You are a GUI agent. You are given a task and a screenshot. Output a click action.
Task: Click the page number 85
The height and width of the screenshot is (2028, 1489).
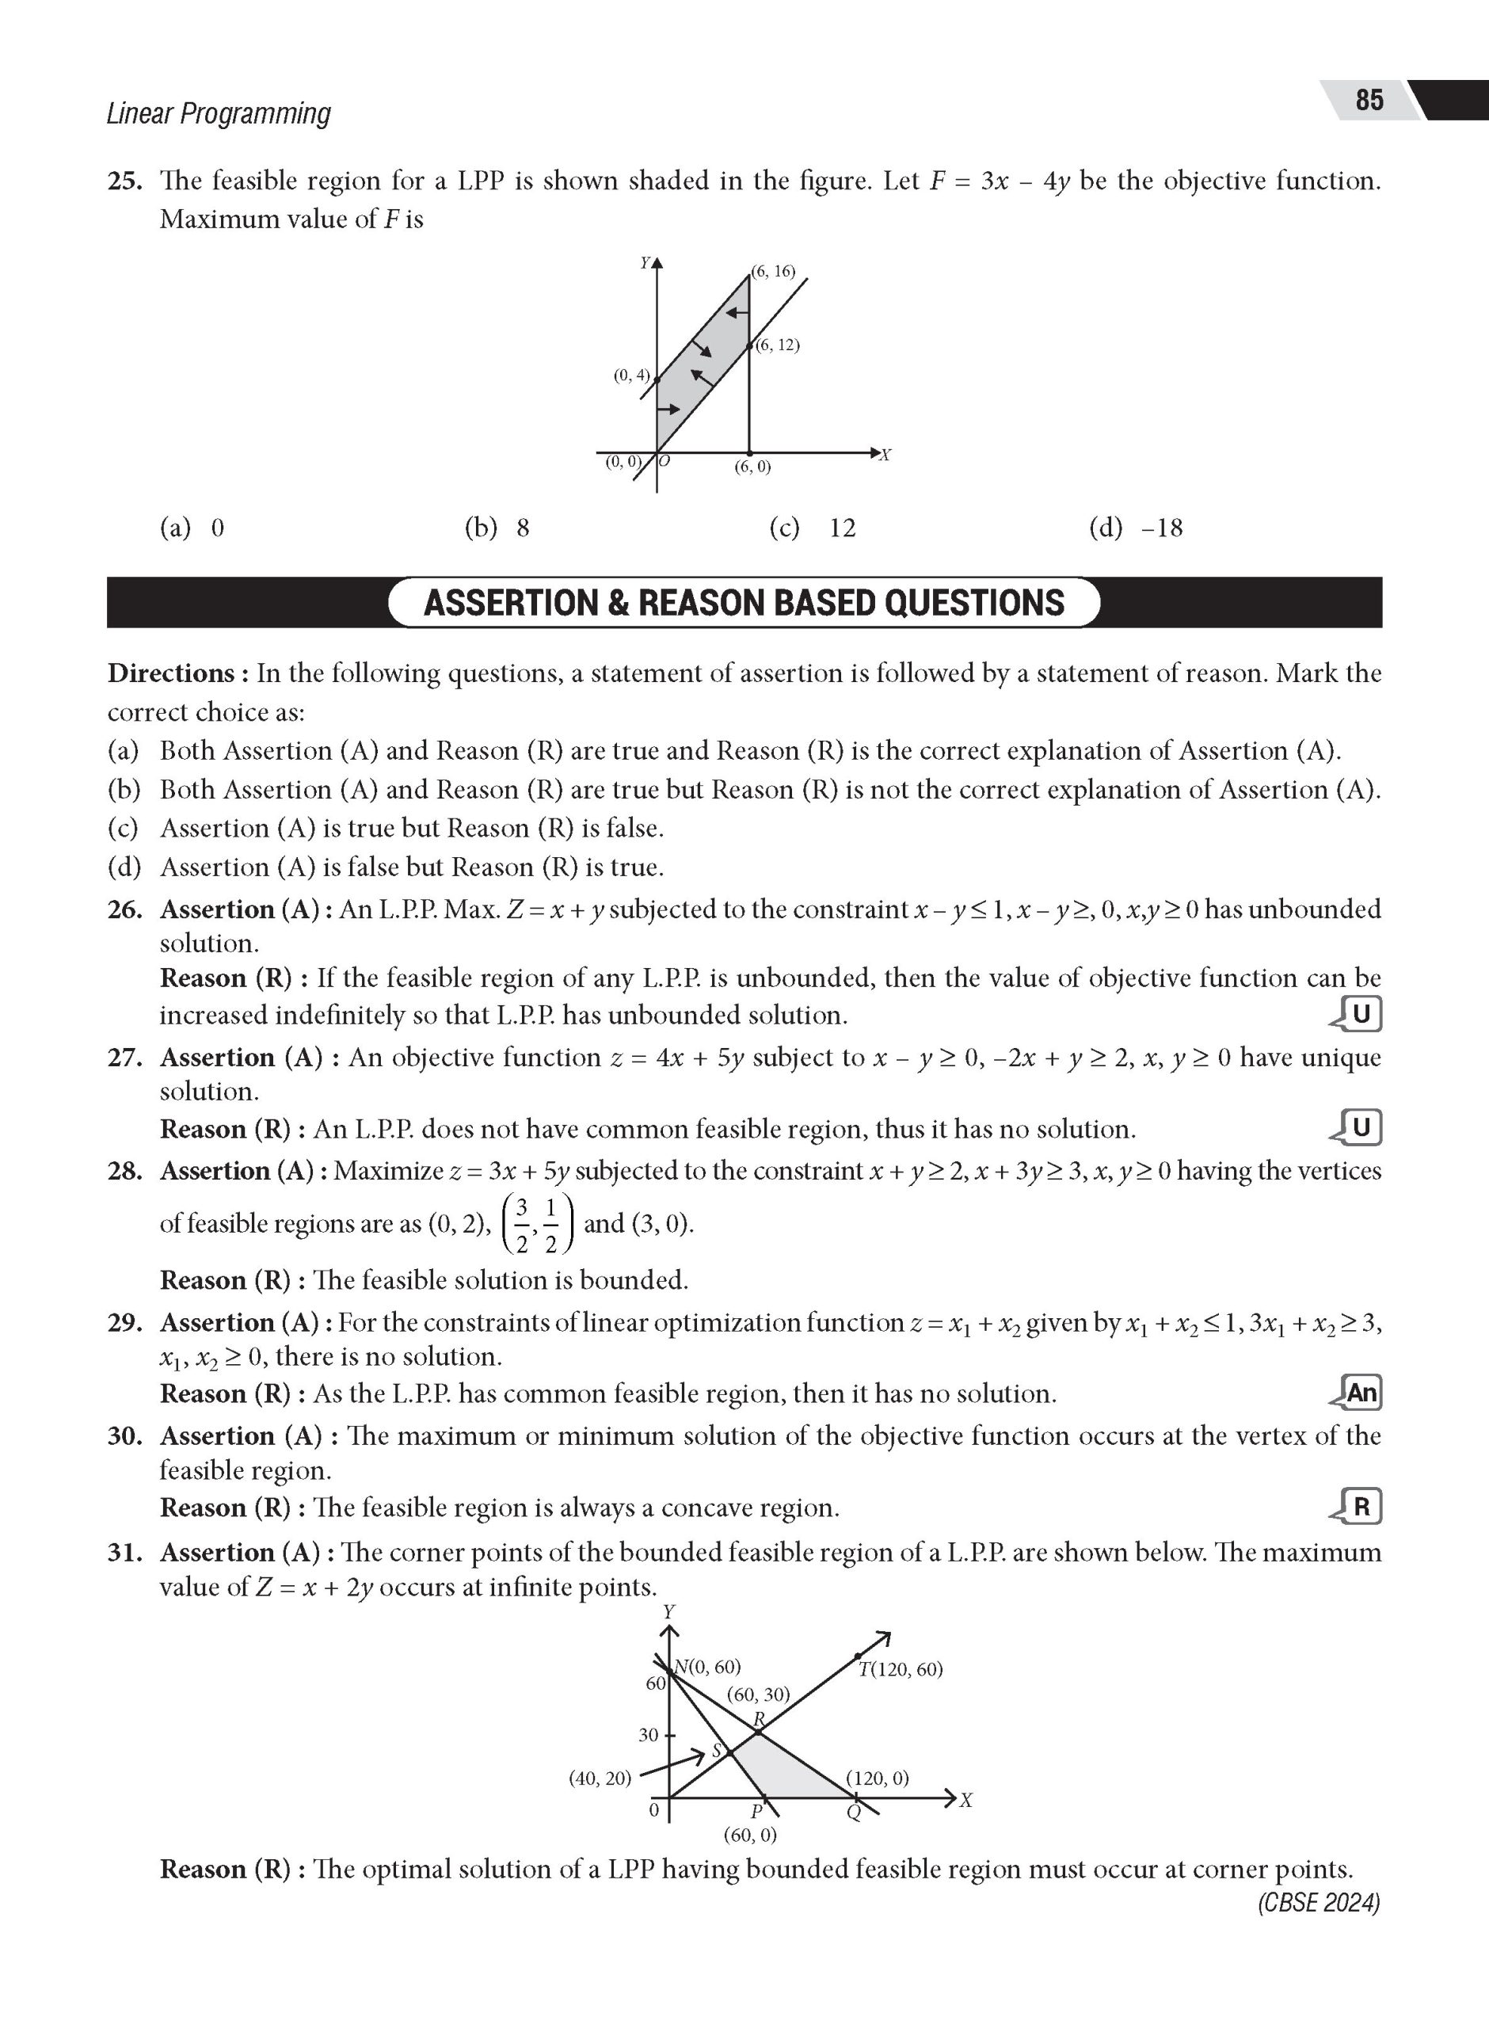tap(1369, 99)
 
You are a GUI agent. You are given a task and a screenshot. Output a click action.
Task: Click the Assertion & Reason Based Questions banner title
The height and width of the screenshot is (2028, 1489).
tap(744, 602)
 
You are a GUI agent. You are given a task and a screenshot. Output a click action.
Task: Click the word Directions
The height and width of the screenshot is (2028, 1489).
tap(171, 673)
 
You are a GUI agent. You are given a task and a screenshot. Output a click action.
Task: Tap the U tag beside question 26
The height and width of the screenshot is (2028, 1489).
tap(1360, 1015)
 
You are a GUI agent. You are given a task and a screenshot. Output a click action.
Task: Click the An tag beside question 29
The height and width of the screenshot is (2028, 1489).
tap(1360, 1393)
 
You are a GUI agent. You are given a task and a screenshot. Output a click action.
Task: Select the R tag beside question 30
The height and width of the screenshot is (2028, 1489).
tap(1360, 1506)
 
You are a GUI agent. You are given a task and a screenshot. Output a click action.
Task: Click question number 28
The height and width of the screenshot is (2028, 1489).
tap(125, 1171)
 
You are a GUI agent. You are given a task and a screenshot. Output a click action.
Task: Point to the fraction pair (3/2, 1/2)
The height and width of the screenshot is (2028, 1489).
tap(536, 1224)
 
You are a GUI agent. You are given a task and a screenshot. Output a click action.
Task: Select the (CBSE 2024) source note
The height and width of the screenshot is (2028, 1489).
tap(1319, 1902)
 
